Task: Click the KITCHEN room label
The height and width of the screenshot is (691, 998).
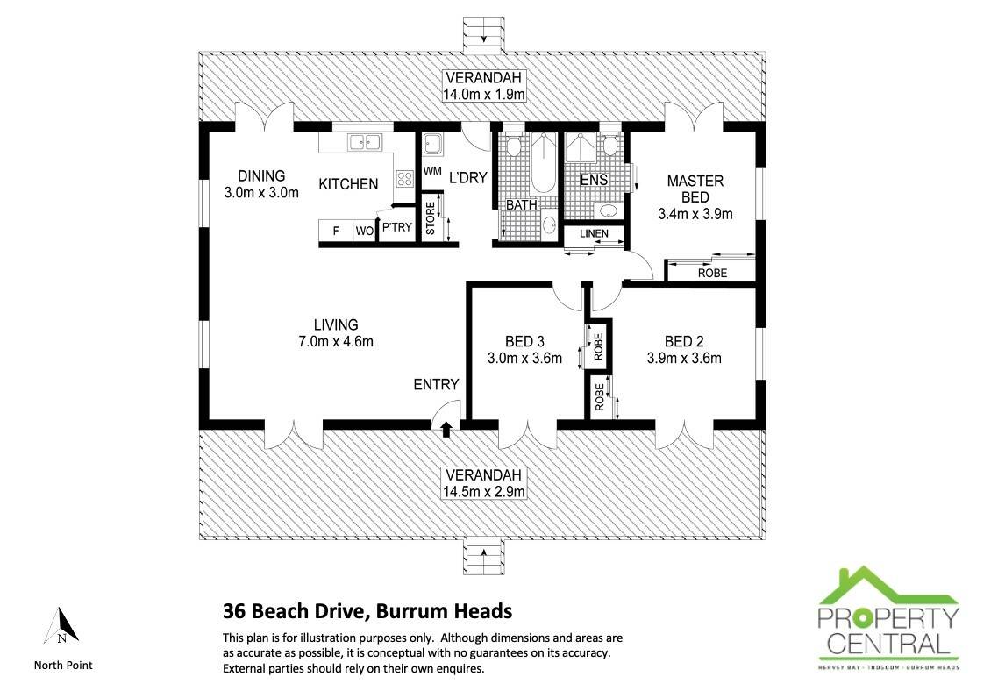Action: (x=348, y=184)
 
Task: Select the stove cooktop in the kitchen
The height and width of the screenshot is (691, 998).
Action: (x=405, y=178)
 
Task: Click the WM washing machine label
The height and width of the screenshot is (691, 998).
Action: (x=432, y=172)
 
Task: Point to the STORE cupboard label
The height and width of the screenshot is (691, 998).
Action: (x=431, y=218)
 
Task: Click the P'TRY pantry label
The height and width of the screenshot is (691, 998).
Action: (x=396, y=227)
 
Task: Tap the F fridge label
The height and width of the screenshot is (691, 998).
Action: (x=336, y=231)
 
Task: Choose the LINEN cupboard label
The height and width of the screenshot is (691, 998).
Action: (x=594, y=233)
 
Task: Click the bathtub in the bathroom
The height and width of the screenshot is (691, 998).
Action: (x=544, y=162)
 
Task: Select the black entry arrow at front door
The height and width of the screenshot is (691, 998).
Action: (x=446, y=430)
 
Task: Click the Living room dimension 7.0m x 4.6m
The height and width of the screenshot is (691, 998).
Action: (x=336, y=342)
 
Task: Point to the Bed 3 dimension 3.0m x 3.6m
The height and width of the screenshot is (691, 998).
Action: (x=524, y=359)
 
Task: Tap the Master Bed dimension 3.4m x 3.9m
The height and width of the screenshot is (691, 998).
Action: (x=695, y=215)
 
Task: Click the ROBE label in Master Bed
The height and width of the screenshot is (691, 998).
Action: (x=712, y=273)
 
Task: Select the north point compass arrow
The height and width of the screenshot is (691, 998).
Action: (x=61, y=625)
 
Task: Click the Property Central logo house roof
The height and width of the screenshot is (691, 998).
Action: (x=888, y=587)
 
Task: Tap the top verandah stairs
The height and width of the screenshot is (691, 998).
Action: (x=484, y=35)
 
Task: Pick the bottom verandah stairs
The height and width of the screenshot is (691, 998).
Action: (x=484, y=557)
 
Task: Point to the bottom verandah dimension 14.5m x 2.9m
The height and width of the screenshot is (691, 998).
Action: (x=484, y=492)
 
